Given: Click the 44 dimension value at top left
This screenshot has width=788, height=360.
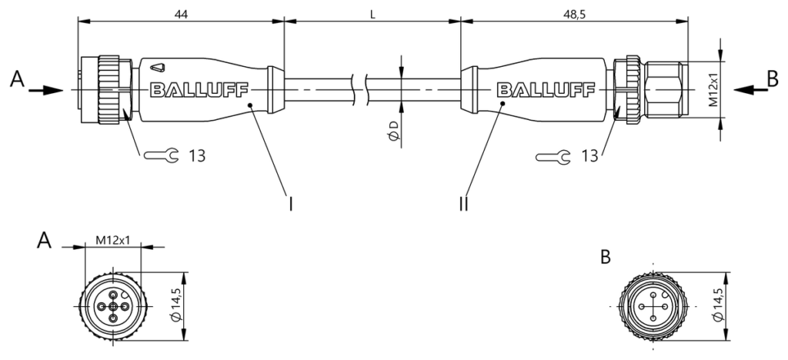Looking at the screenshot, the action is coord(181,15).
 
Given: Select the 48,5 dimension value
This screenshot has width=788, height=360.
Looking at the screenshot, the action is coord(574,15).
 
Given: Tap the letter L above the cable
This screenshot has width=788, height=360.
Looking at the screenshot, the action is coord(372,15).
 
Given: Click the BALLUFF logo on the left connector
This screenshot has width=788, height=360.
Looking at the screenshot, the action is coord(199,90).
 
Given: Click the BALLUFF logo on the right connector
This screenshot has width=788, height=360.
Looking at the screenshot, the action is coord(546,90).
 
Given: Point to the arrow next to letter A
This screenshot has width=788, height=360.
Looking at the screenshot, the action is coord(45,91).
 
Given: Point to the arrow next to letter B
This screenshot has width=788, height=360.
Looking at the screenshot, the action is coord(751,90).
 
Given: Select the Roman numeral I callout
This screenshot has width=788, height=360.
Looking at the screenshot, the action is coord(290,204).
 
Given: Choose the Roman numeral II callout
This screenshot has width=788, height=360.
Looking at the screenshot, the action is coord(463,204).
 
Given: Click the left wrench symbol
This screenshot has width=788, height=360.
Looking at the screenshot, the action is coord(161,156).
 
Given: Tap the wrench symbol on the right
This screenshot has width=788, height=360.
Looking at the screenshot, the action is coord(553,157).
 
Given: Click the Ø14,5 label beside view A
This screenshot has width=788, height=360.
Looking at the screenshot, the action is coord(176,307).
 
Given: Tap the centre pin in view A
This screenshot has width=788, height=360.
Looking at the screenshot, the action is coord(114,307).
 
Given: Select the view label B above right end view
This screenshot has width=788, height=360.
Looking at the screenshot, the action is coord(606,257).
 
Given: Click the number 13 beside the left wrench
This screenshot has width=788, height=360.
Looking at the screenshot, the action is coord(198,156).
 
